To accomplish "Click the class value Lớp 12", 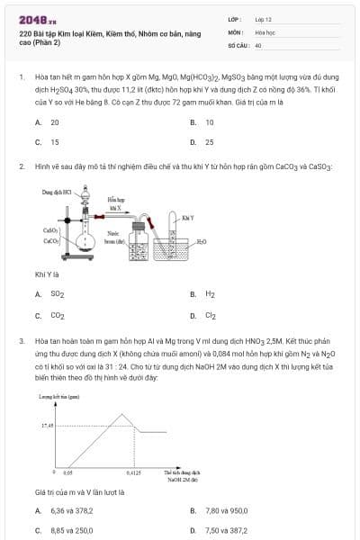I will click(264, 18).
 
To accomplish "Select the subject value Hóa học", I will click(265, 31).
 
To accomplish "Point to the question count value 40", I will click(258, 44).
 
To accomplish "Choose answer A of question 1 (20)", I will click(55, 121).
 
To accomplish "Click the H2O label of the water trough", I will click(201, 242).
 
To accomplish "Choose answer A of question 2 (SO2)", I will click(57, 294).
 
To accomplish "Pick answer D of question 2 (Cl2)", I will click(210, 315).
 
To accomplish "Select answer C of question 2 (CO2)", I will click(57, 315).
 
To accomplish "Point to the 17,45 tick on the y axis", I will click(48, 424).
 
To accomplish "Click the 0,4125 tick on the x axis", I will click(133, 471).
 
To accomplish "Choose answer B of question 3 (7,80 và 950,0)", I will click(227, 510).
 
